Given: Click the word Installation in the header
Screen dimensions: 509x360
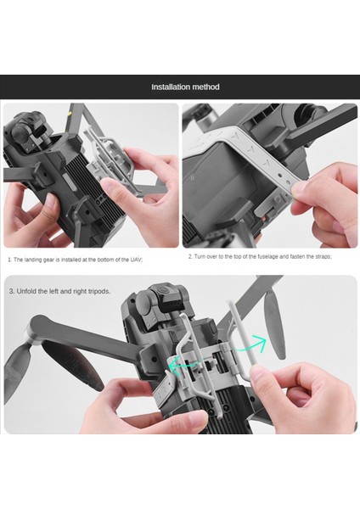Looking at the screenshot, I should coord(169,87).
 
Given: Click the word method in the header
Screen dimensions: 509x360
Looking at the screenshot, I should coord(205,87).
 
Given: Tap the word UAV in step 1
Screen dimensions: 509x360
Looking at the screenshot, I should coord(134,260).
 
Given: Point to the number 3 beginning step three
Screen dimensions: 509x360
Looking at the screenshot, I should coord(11,291).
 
